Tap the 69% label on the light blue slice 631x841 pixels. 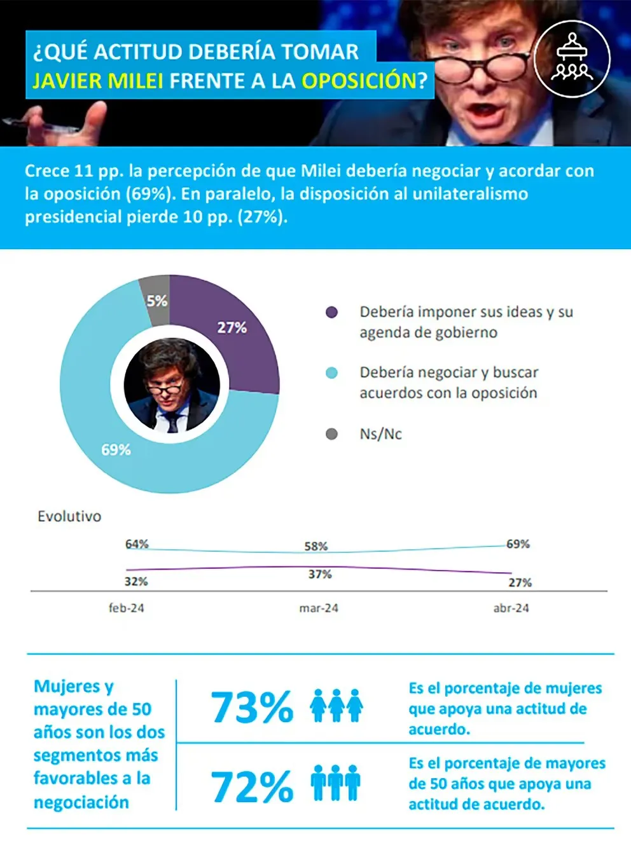[116, 449]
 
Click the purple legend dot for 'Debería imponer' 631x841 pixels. [331, 312]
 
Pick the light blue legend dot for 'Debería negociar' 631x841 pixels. [331, 373]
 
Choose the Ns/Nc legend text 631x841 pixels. [380, 434]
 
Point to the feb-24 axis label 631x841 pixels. [126, 608]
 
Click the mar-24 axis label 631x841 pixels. [319, 608]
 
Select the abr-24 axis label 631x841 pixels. [511, 608]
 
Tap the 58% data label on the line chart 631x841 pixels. [316, 546]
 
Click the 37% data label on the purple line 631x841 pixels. [320, 574]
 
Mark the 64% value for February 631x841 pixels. [137, 544]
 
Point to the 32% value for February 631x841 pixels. [136, 581]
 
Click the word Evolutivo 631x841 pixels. [69, 516]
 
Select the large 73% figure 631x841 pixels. [252, 707]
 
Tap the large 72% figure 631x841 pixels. [252, 786]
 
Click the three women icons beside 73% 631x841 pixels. [336, 706]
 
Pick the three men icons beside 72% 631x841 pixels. [336, 783]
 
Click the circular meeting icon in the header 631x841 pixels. [572, 58]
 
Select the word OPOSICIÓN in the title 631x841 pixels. [358, 81]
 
